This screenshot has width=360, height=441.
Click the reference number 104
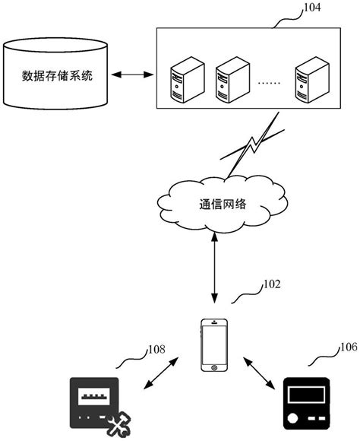point(311,8)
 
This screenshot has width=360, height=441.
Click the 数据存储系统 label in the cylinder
point(58,76)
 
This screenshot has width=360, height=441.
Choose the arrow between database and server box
point(132,75)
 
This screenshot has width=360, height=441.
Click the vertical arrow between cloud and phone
point(215,271)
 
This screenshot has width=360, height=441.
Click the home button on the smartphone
point(214,367)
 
